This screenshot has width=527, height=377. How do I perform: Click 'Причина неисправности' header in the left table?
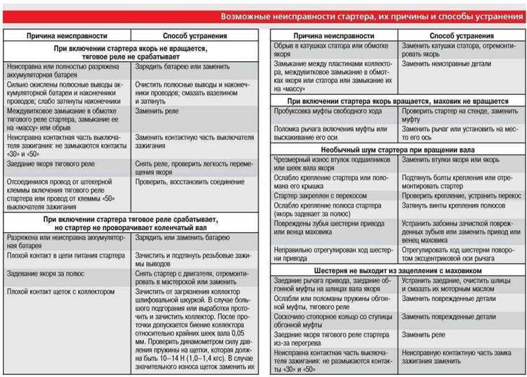67,35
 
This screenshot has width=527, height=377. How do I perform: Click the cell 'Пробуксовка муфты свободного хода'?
330,111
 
